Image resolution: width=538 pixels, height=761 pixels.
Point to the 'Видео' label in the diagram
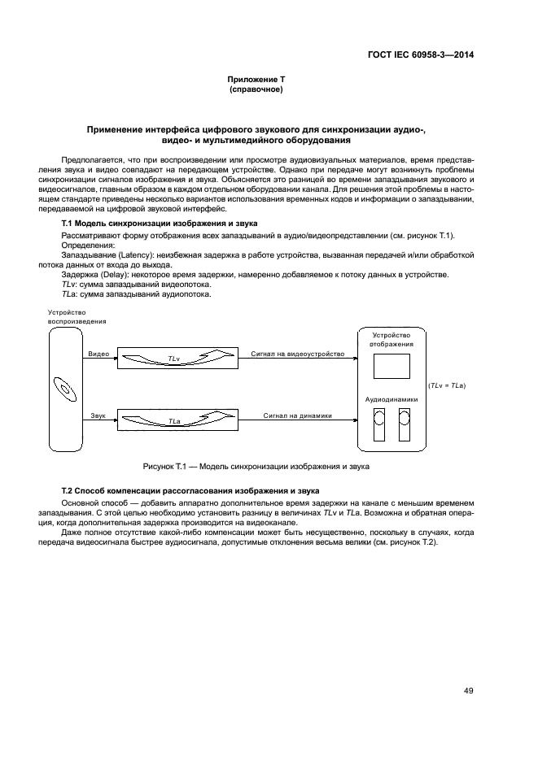(98, 354)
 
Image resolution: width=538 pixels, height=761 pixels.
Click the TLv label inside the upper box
(173, 358)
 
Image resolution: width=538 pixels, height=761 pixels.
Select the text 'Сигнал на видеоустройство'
(298, 354)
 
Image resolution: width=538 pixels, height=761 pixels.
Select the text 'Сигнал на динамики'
(298, 415)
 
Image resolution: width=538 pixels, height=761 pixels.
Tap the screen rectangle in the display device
(391, 367)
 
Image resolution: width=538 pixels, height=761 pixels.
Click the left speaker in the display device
(378, 424)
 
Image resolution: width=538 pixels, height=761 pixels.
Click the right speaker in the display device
(405, 424)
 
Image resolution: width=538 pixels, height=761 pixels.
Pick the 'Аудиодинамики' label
(391, 400)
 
